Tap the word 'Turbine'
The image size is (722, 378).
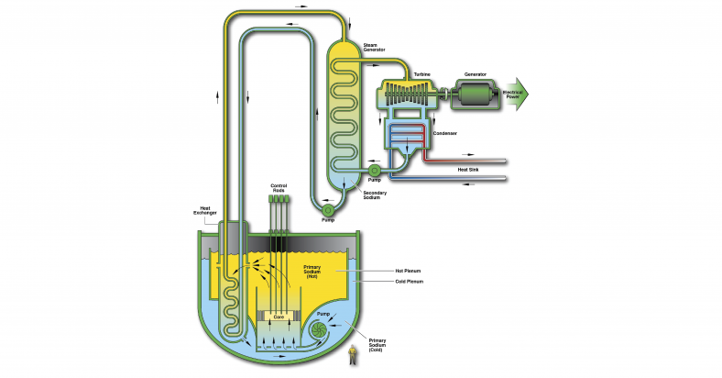click(x=421, y=72)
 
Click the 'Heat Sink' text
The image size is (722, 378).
click(x=468, y=169)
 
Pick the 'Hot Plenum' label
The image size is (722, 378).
click(x=409, y=272)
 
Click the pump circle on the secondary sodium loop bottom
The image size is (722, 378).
click(x=328, y=210)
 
